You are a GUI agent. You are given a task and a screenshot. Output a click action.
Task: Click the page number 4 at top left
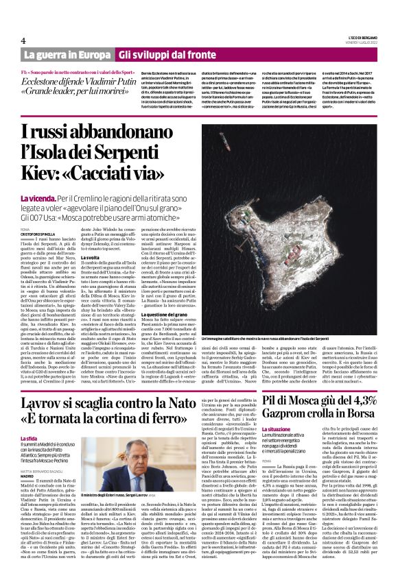[23, 41]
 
